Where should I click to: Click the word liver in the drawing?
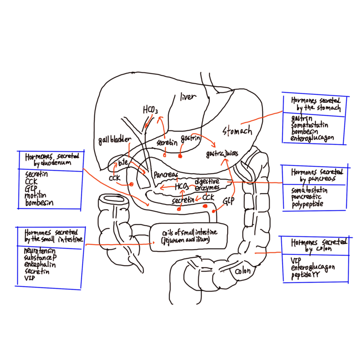pos(187,97)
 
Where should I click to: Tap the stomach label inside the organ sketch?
pos(237,130)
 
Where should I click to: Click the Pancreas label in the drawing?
pos(165,174)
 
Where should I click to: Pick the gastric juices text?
pos(222,154)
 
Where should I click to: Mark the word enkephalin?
pos(39,265)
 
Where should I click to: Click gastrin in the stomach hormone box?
pos(301,118)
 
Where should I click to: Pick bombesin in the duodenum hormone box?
pos(39,202)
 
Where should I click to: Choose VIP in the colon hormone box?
pos(296,260)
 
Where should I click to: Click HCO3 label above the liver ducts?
pos(150,111)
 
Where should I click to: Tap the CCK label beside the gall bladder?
pos(114,178)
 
